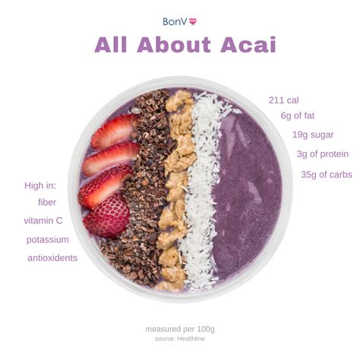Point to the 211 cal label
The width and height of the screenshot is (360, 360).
285,99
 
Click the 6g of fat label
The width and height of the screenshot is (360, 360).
297,115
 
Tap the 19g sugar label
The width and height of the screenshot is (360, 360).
313,134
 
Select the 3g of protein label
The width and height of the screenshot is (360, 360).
323,154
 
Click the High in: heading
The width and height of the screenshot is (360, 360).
40,185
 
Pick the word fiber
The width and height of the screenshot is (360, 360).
47,202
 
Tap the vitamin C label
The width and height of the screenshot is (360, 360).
43,220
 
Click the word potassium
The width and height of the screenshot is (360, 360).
47,239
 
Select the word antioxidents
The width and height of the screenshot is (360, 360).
52,258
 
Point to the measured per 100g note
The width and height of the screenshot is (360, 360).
180,329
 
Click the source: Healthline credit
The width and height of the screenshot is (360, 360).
180,339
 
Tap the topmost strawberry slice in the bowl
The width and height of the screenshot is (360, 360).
114,131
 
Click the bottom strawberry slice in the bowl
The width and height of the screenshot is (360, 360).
107,216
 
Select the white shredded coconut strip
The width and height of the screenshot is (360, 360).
201,190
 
